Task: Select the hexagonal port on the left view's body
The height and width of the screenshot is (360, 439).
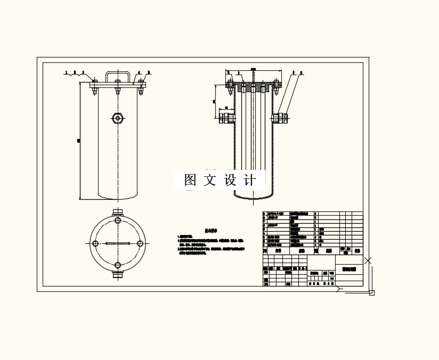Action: tap(118, 118)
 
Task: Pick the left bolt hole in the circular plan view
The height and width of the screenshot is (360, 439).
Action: tap(95, 243)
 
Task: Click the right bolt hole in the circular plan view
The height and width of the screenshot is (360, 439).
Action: tap(140, 243)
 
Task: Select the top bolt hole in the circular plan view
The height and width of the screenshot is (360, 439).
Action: tap(118, 221)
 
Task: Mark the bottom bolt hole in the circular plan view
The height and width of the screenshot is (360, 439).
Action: tap(118, 265)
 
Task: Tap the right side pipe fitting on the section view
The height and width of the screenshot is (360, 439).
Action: tap(280, 117)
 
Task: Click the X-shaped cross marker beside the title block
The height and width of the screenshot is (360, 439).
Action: tap(368, 260)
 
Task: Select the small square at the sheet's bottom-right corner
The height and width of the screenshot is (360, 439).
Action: tap(372, 292)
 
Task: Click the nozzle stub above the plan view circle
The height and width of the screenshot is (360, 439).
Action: tap(118, 212)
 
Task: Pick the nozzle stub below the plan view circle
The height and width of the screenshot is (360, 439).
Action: tap(118, 275)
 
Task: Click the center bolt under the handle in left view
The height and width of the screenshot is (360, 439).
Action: tap(118, 89)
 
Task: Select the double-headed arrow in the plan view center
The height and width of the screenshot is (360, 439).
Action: tap(118, 243)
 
